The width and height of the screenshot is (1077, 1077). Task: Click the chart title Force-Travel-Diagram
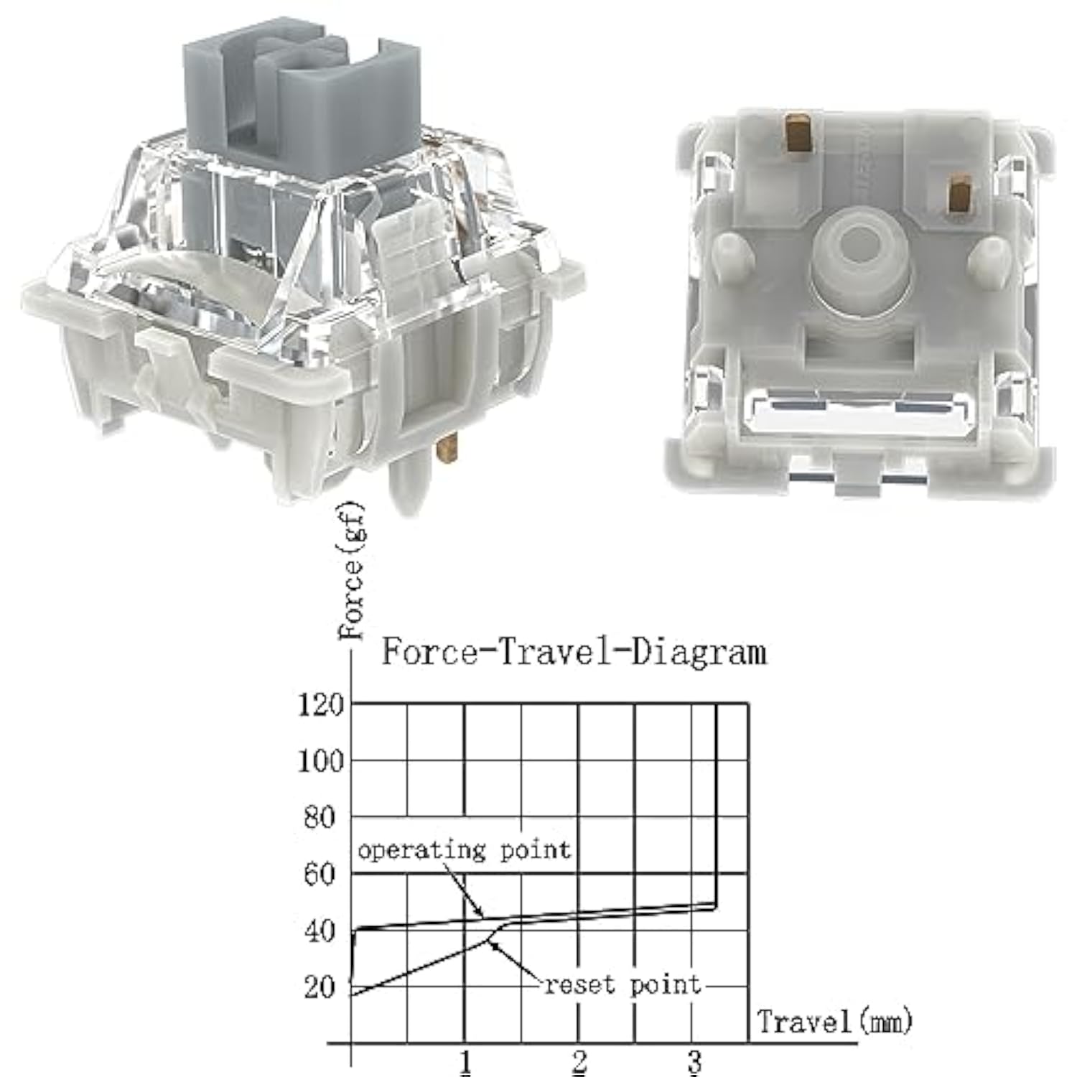[573, 652]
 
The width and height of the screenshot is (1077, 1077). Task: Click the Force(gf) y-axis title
[352, 572]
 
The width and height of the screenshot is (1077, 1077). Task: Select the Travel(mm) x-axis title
[834, 1020]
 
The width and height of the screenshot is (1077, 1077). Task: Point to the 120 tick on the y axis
[321, 705]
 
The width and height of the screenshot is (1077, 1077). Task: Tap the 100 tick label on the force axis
[321, 761]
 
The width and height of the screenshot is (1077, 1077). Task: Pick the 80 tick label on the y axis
[321, 818]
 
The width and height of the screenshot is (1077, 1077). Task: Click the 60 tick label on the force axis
[321, 875]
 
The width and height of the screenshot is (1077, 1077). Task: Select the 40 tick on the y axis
[321, 931]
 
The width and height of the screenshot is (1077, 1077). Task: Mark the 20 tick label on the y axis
[321, 988]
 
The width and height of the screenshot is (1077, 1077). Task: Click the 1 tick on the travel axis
[465, 1061]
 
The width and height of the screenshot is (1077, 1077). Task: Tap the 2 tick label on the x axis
[579, 1061]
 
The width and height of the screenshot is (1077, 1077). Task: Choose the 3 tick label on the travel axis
[694, 1061]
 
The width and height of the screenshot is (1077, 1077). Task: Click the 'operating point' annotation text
[464, 850]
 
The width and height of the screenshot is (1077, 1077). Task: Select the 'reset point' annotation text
[623, 984]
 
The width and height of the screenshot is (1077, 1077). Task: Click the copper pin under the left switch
[447, 452]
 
